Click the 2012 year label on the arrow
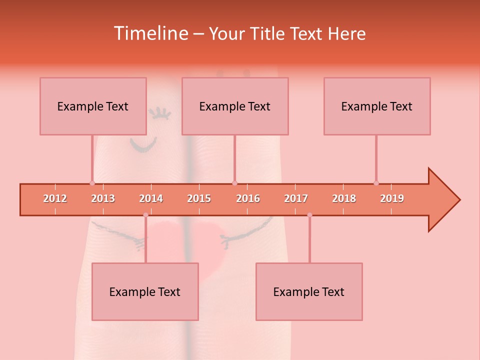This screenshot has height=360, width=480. pyautogui.click(x=55, y=198)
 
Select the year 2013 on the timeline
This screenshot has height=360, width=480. pyautogui.click(x=103, y=198)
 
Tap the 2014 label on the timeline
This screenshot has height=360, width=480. pyautogui.click(x=151, y=198)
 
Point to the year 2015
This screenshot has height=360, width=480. pyautogui.click(x=199, y=198)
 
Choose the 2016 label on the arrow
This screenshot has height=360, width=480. pyautogui.click(x=248, y=198)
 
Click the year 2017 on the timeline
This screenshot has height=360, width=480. pyautogui.click(x=296, y=198)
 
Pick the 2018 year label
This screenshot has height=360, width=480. pyautogui.click(x=344, y=198)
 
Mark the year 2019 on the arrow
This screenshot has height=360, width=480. pyautogui.click(x=392, y=198)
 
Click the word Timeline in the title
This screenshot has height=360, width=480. pyautogui.click(x=150, y=33)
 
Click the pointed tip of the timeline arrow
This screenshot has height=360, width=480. pyautogui.click(x=458, y=200)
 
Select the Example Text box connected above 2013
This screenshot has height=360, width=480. pyautogui.click(x=93, y=106)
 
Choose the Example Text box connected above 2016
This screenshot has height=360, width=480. pyautogui.click(x=235, y=106)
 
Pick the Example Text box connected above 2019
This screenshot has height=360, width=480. pyautogui.click(x=377, y=106)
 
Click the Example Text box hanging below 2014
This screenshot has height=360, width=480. pyautogui.click(x=145, y=291)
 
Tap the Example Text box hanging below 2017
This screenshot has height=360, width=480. pyautogui.click(x=309, y=291)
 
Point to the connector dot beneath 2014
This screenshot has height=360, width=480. pyautogui.click(x=145, y=215)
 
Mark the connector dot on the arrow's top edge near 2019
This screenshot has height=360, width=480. pyautogui.click(x=376, y=183)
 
